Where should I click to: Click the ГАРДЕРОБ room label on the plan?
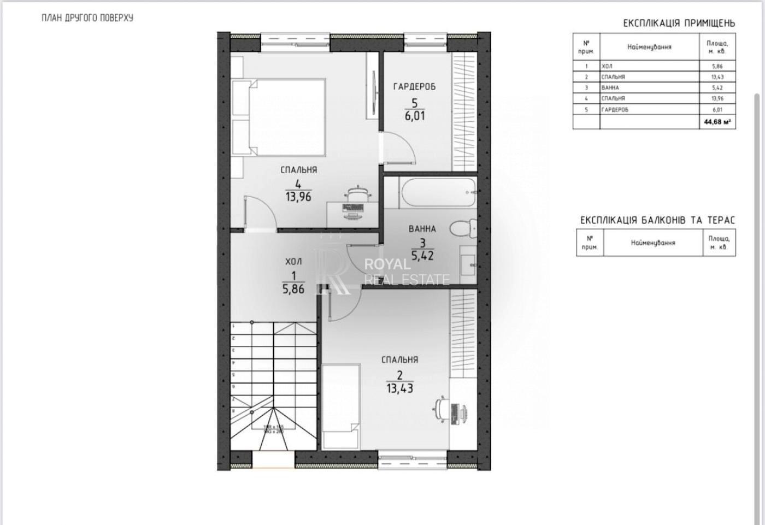click(x=414, y=86)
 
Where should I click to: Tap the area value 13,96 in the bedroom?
click(x=298, y=197)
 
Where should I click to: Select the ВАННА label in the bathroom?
click(x=422, y=229)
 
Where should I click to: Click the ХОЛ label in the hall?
click(x=293, y=262)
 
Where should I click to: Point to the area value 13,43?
click(x=399, y=388)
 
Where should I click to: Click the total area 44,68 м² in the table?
click(x=717, y=122)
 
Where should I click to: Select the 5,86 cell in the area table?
click(x=717, y=66)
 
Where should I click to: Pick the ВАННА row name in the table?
click(x=610, y=87)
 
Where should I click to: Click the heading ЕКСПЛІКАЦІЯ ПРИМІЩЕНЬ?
click(x=679, y=23)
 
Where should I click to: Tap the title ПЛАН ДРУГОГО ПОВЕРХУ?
click(x=87, y=17)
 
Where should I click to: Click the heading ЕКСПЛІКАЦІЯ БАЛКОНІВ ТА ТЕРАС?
click(x=657, y=220)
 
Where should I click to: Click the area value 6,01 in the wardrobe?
click(x=415, y=116)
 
